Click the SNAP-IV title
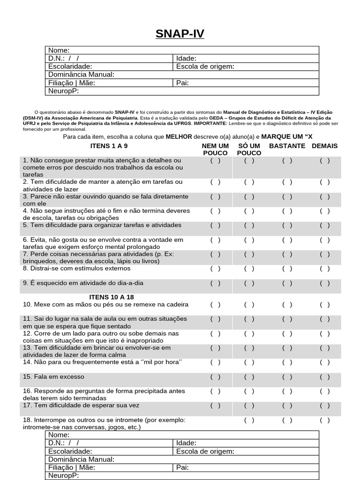click(x=180, y=34)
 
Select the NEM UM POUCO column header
click(x=215, y=150)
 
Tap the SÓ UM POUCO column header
click(x=249, y=150)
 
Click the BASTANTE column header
click(x=287, y=146)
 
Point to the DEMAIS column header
click(x=324, y=146)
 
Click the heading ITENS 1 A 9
click(x=109, y=146)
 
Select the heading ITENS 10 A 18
click(x=112, y=297)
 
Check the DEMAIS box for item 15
click(x=325, y=377)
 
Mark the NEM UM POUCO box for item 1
click(x=215, y=160)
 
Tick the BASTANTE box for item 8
click(x=287, y=269)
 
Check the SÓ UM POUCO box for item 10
click(x=249, y=305)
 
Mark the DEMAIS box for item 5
click(x=325, y=225)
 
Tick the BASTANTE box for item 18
click(x=287, y=420)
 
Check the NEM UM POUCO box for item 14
click(x=215, y=362)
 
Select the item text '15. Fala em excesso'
click(x=52, y=377)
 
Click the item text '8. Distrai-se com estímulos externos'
click(x=75, y=269)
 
